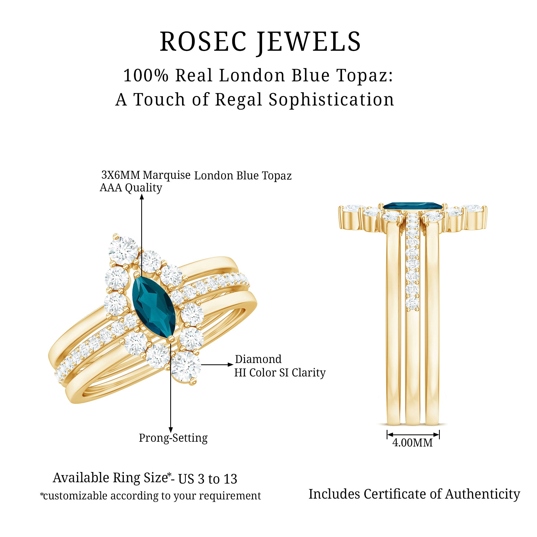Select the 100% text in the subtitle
(146, 75)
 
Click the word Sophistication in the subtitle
(331, 100)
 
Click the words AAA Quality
(131, 188)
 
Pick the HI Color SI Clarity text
(280, 373)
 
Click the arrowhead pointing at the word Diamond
(230, 365)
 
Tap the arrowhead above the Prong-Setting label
(171, 430)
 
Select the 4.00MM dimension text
(412, 443)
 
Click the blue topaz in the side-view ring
(412, 206)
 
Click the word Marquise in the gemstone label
(166, 175)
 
